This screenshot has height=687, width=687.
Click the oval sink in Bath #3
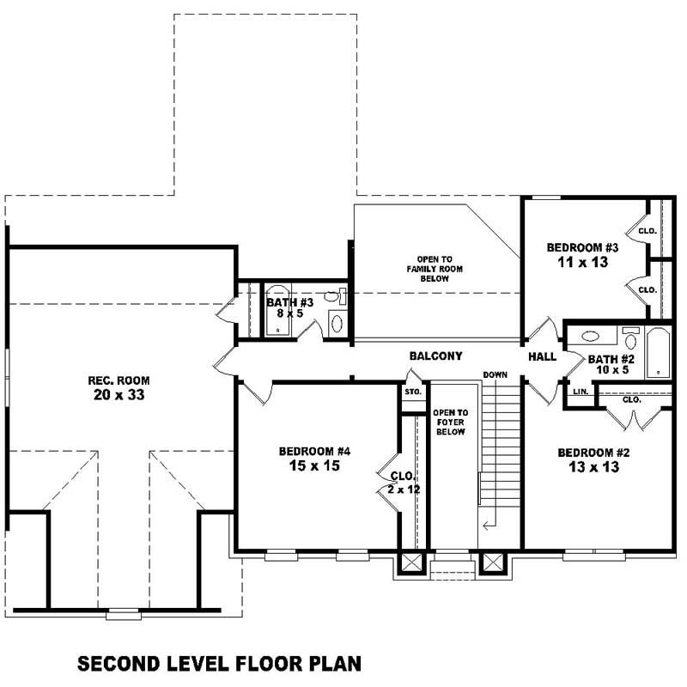337,324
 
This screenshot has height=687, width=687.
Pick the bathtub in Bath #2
658,352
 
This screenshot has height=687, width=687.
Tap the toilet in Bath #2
630,336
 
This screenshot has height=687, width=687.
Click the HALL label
542,356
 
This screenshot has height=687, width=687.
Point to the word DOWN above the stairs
495,375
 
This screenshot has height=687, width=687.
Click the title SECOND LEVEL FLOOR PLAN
219,663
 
